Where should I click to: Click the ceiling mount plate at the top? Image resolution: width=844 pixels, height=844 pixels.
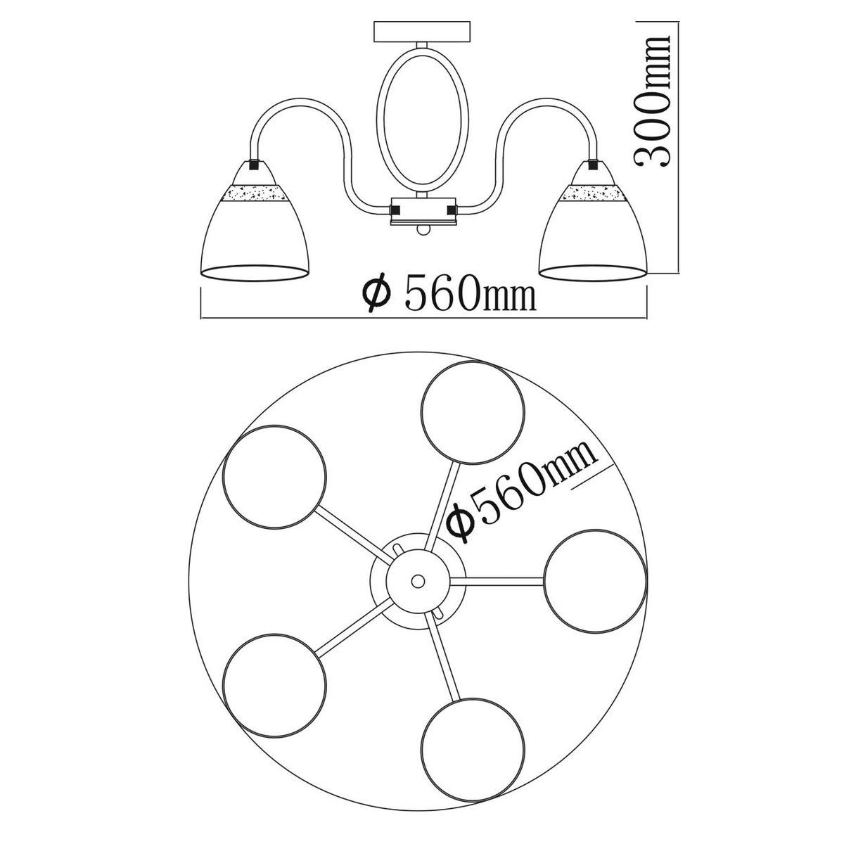423,32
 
